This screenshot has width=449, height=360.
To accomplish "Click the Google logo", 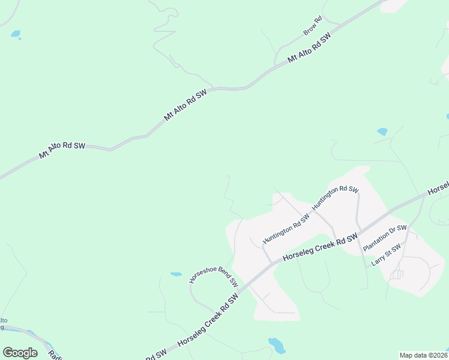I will coord(20,353).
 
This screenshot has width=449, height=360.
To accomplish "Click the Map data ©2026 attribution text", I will coord(423,355).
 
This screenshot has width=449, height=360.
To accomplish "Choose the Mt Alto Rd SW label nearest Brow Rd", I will coord(309,49).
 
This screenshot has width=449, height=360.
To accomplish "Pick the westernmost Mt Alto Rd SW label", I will coord(62,150).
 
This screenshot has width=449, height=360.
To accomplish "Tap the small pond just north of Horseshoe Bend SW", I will coord(176,274).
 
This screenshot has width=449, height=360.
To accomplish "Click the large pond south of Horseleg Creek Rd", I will coord(277,346).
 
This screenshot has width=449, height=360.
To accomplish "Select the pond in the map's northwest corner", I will coord(16,34).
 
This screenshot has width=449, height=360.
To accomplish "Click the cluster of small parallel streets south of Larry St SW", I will coord(397,275).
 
